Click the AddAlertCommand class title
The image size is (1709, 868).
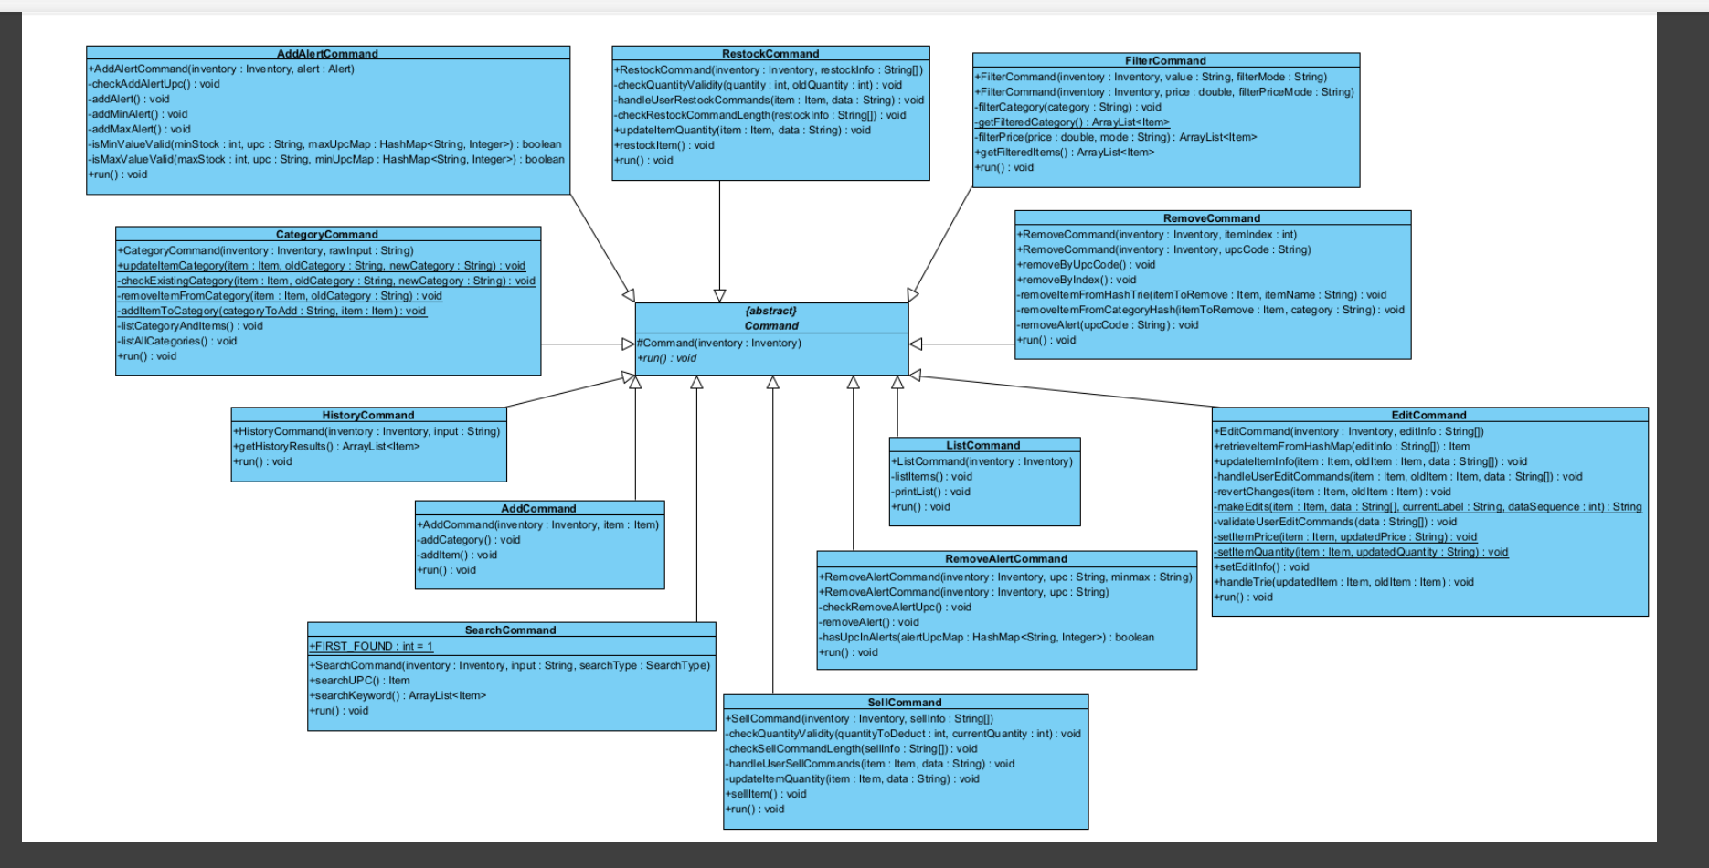click(x=327, y=54)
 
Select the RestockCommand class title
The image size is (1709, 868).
click(x=770, y=54)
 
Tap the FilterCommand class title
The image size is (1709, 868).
click(x=1165, y=61)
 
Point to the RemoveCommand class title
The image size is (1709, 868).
click(x=1212, y=218)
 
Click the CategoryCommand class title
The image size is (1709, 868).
click(x=327, y=235)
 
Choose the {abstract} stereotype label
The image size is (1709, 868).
click(x=771, y=311)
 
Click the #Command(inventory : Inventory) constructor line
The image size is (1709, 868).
click(x=719, y=344)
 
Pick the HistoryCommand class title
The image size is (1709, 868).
click(x=368, y=416)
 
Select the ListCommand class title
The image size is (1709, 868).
click(x=983, y=446)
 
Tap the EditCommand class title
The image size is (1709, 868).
click(x=1429, y=416)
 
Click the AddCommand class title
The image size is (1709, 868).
click(x=539, y=509)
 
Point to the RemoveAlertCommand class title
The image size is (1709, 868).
click(x=1006, y=559)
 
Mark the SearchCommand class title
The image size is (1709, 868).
click(x=511, y=630)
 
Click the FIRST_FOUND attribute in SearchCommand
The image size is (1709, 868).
click(x=372, y=647)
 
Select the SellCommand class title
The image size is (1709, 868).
click(x=905, y=703)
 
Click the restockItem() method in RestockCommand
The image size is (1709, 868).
click(x=664, y=145)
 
